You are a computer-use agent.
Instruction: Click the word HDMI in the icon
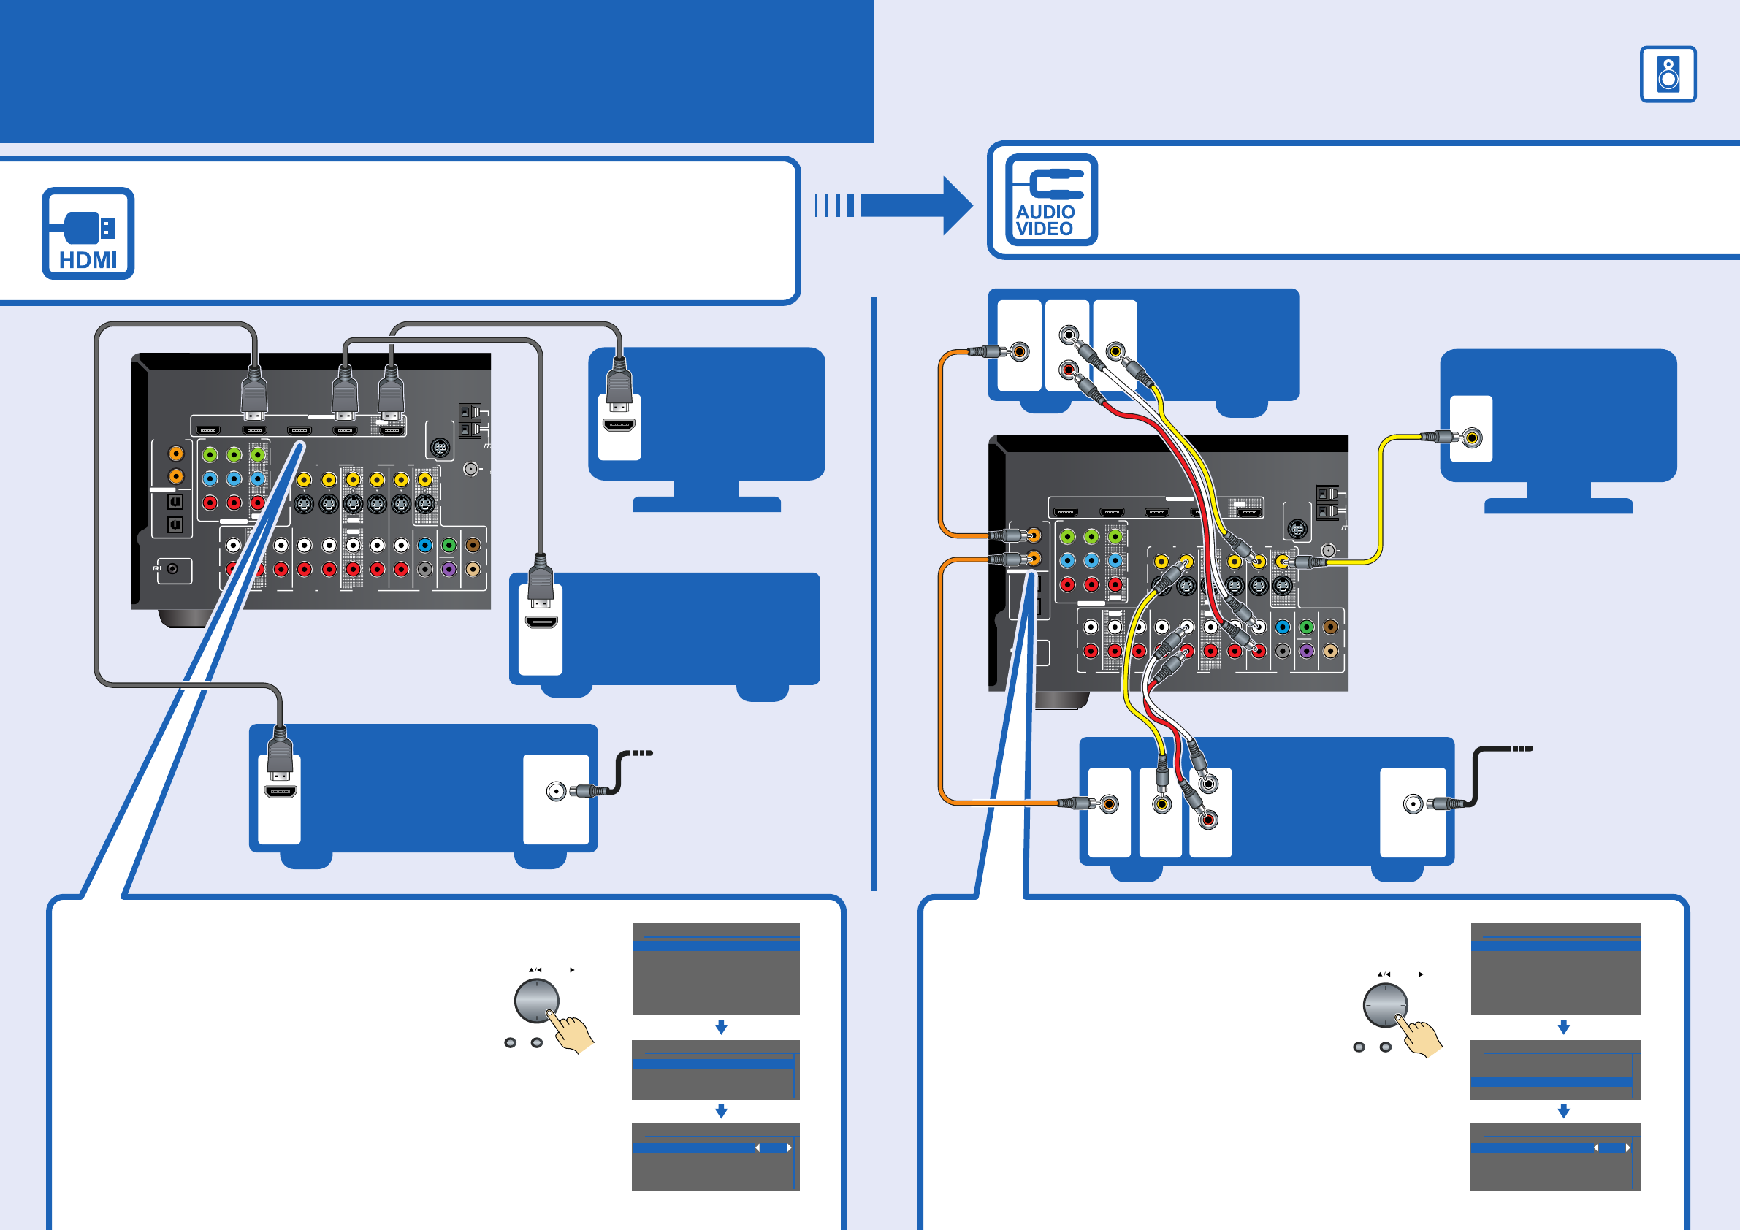coord(88,260)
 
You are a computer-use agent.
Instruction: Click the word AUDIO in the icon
coord(1045,213)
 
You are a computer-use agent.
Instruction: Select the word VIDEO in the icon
coord(1045,229)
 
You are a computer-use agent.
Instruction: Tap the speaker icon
coord(1668,75)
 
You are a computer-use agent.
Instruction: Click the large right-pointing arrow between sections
coord(917,205)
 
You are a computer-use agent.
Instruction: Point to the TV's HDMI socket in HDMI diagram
coord(619,425)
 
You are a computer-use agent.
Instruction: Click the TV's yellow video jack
coord(1472,438)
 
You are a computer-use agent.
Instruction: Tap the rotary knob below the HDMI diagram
coord(537,1001)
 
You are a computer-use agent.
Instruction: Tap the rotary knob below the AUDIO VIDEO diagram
coord(1385,1005)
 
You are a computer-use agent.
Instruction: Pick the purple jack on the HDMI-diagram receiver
coord(449,568)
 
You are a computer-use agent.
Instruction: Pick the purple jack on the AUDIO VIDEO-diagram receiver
coord(1306,650)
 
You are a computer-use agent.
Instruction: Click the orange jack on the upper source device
coord(1020,351)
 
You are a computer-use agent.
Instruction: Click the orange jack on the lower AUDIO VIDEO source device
coord(1109,803)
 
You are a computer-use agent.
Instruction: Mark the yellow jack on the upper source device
coord(1115,351)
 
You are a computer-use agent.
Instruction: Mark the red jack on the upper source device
coord(1068,370)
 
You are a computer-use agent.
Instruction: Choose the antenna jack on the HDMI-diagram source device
coord(556,791)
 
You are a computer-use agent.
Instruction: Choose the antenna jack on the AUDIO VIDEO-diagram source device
coord(1413,804)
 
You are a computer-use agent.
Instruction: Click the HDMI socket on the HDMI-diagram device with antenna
coord(280,792)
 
